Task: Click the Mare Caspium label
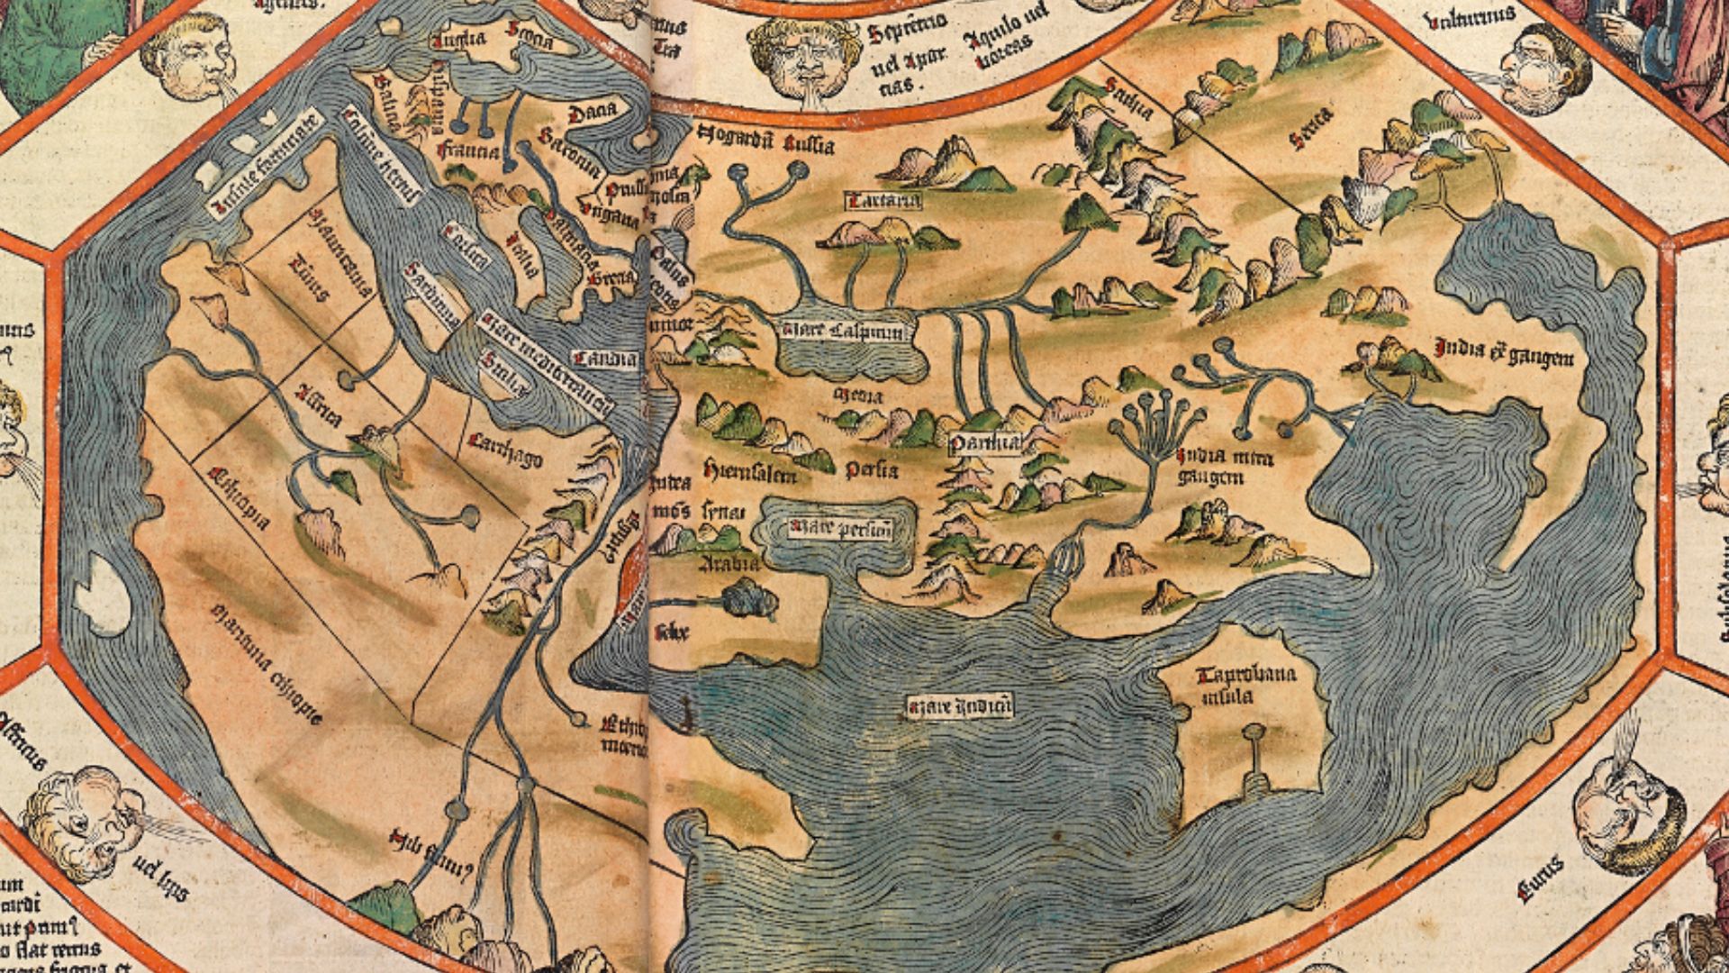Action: [x=843, y=331]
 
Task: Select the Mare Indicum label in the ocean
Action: [x=959, y=705]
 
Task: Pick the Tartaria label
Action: [x=883, y=201]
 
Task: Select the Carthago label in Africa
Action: [x=505, y=449]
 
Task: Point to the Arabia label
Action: [x=729, y=564]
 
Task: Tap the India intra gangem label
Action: [x=1225, y=468]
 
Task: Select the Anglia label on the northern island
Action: [x=459, y=40]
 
